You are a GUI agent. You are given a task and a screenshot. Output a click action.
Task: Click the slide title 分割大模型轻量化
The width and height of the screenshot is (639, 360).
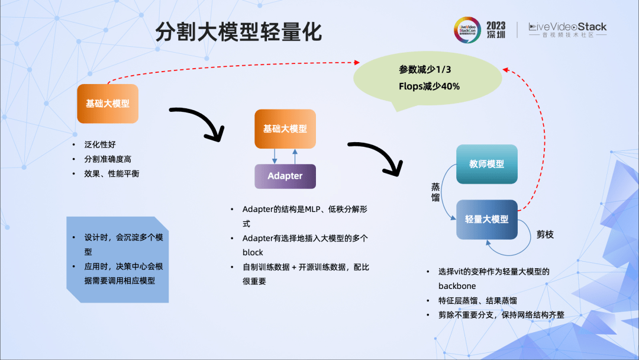[x=238, y=32]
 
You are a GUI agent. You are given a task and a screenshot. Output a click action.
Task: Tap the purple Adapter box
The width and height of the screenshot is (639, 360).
[x=285, y=176]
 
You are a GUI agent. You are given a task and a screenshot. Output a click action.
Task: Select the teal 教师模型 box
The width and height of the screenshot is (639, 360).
[x=487, y=164]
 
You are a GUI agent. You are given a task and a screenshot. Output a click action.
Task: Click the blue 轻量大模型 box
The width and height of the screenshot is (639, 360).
[x=487, y=219]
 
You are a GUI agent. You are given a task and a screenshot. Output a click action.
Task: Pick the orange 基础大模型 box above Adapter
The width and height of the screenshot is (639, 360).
[x=285, y=128]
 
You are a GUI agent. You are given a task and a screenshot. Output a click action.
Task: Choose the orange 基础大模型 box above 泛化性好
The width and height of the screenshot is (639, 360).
[x=108, y=104]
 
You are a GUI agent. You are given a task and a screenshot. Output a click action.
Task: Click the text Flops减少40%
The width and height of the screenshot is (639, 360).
[x=429, y=86]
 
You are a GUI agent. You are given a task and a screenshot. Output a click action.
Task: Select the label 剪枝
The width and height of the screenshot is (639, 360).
[x=545, y=234]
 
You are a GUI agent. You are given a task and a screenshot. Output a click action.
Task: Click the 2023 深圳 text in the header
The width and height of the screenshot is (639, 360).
[x=496, y=30]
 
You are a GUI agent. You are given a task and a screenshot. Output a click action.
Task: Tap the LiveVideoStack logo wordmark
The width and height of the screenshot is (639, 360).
[x=567, y=27]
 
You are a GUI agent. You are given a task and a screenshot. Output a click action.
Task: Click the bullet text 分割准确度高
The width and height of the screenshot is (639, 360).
[x=108, y=159]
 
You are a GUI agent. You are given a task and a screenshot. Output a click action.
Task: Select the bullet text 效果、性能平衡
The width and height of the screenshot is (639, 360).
[x=112, y=173]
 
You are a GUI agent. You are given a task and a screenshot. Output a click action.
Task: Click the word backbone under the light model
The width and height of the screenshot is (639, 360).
[x=457, y=286]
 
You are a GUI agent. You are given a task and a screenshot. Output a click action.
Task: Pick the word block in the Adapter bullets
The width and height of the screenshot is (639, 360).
[x=253, y=252]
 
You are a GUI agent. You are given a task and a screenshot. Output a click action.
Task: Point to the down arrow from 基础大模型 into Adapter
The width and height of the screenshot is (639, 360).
[x=275, y=156]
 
